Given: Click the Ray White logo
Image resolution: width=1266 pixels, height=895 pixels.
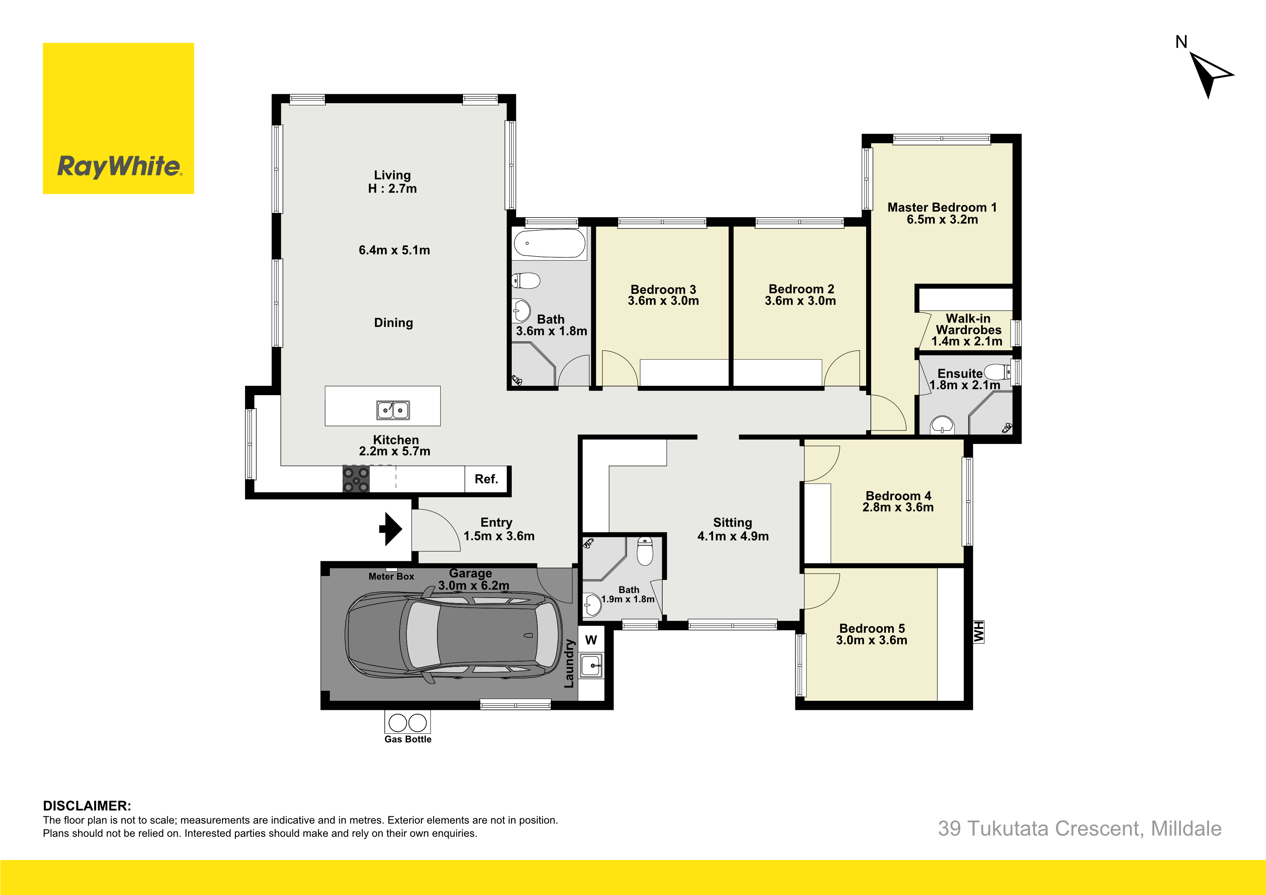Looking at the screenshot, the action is (x=118, y=119).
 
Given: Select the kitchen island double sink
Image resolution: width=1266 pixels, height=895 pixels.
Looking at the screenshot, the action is (x=393, y=410).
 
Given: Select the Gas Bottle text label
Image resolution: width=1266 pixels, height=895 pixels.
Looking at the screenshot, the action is (x=408, y=739).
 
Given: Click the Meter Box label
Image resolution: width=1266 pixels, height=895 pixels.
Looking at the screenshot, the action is (x=391, y=576).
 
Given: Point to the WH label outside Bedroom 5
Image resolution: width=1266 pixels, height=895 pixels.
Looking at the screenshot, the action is (x=979, y=632).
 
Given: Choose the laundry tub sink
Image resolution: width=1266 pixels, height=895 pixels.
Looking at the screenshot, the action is (x=591, y=665).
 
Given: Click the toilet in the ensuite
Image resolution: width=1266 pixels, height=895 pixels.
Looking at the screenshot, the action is (x=997, y=372).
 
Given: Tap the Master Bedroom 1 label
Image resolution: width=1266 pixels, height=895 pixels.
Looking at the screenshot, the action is (x=942, y=208).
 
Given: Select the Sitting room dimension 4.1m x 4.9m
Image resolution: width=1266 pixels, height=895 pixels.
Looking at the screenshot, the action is (x=733, y=536).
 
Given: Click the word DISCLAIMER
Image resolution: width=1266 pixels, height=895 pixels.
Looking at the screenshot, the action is (x=87, y=805).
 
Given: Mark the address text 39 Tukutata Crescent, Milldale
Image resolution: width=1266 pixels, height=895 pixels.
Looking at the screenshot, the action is (x=1080, y=828).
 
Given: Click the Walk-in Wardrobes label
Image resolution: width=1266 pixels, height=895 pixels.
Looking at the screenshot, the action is (x=968, y=324).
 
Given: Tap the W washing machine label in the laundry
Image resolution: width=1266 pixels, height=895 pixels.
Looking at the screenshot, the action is (x=591, y=640).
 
